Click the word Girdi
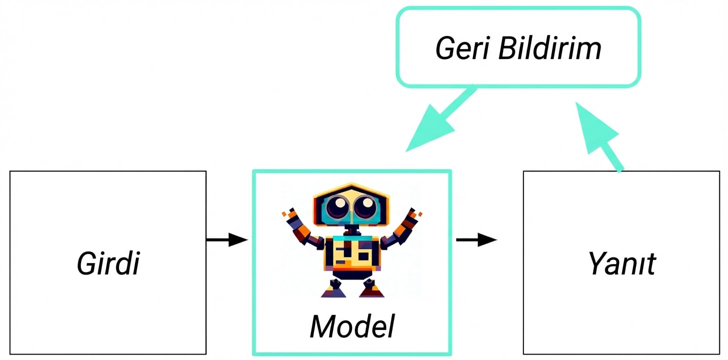108,263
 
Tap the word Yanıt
621,263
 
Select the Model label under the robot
352,326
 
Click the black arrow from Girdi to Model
227,240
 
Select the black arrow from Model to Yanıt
476,240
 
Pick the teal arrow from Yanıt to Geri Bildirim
600,135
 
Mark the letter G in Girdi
86,263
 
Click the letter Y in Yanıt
596,263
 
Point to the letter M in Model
322,326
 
